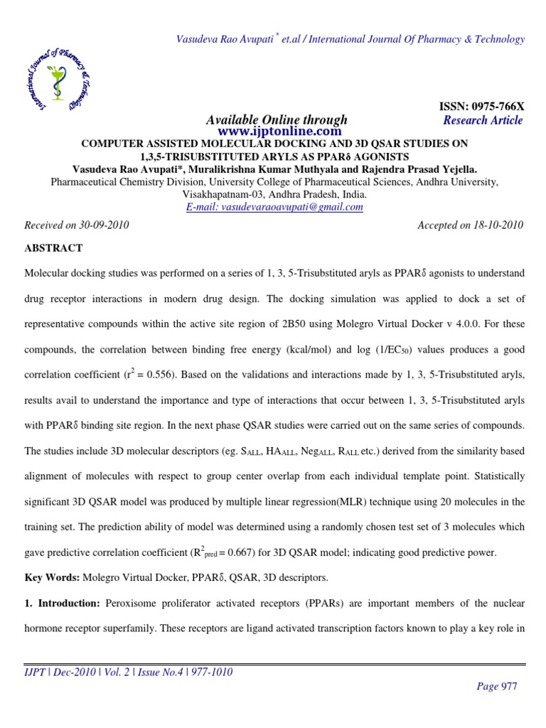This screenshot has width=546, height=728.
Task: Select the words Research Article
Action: (483, 120)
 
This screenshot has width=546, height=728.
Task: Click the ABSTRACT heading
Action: (54, 248)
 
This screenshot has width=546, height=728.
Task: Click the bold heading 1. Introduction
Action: (63, 603)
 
